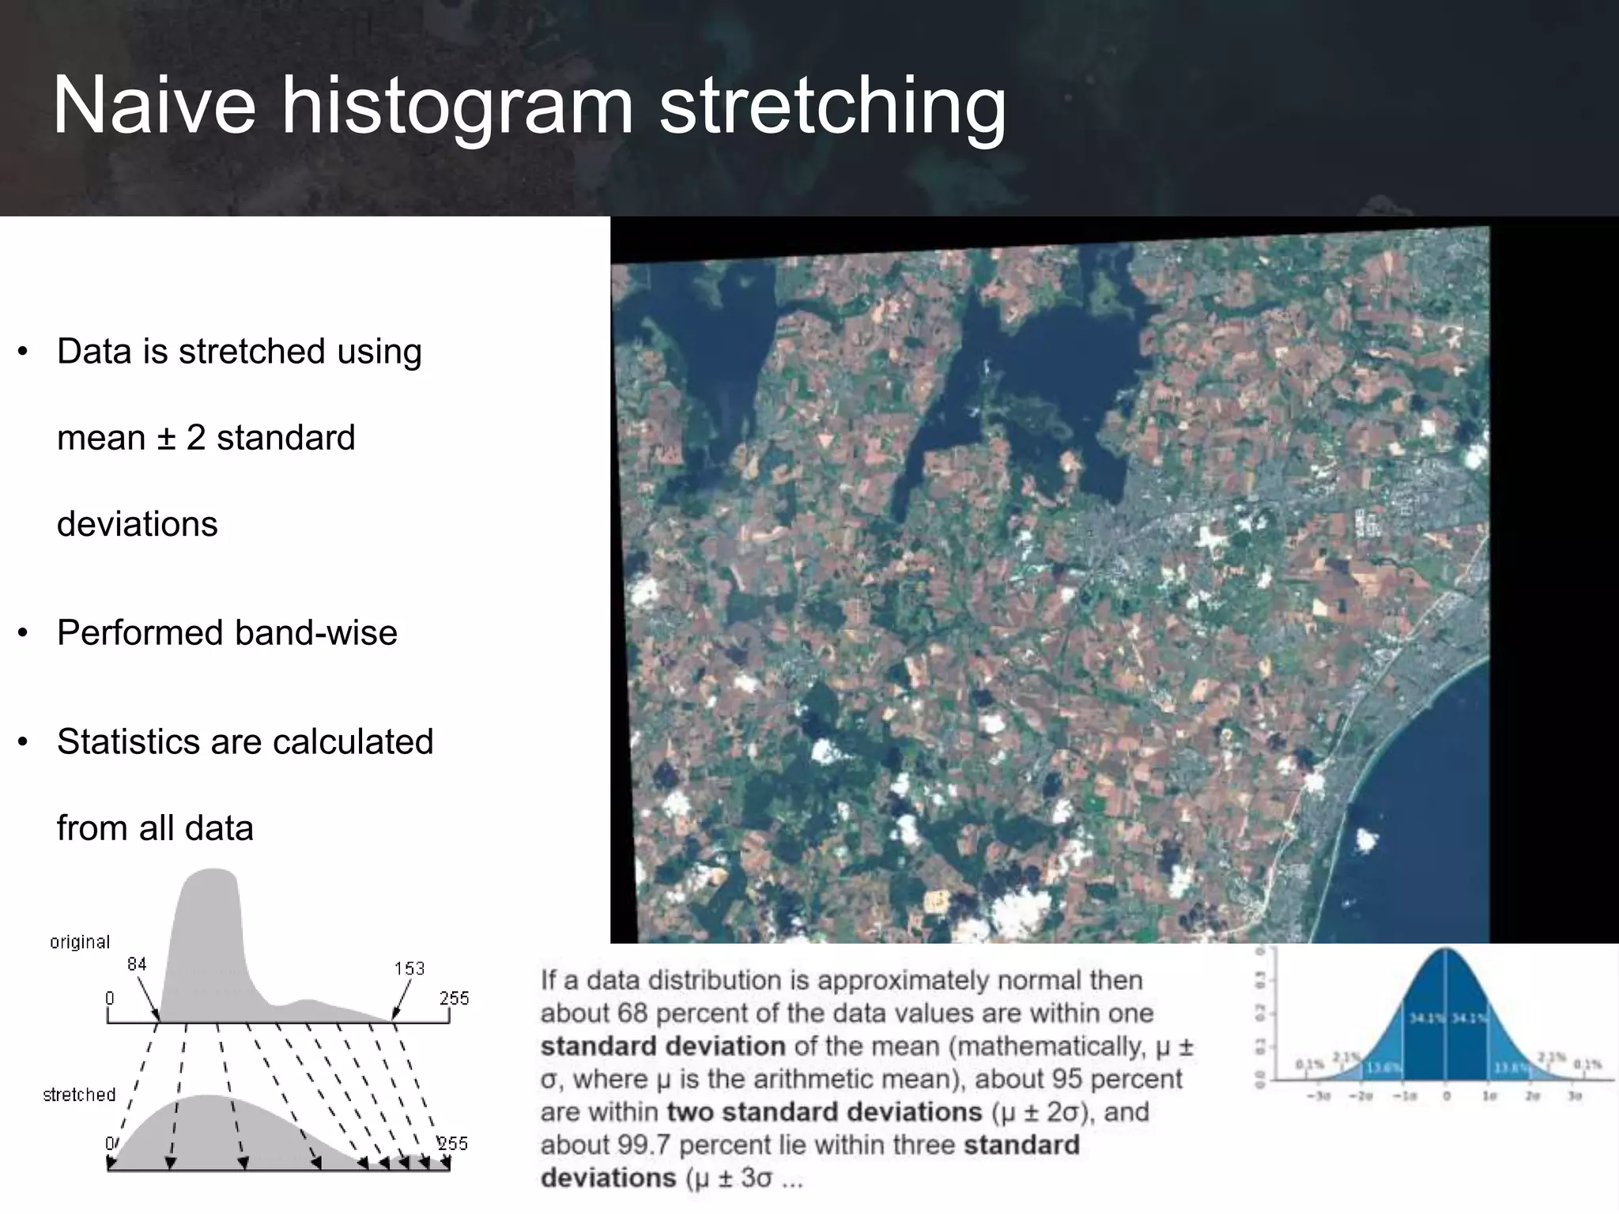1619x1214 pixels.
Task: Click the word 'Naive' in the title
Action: (154, 105)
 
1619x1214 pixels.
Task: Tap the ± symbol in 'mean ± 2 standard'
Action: (166, 438)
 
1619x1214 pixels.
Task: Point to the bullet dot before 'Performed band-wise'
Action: (23, 633)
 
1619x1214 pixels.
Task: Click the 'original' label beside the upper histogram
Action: (79, 942)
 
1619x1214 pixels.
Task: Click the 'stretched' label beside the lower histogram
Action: (79, 1095)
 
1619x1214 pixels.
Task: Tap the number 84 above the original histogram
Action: (137, 964)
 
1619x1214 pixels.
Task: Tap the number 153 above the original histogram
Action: (409, 969)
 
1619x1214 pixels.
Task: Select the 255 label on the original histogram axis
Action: (454, 998)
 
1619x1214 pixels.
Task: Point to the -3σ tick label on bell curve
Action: (1319, 1097)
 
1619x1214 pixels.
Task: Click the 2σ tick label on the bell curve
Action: (1532, 1097)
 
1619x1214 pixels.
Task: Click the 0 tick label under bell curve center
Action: (1446, 1097)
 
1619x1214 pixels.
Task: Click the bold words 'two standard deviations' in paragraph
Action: (824, 1112)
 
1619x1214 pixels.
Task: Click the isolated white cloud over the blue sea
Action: (1366, 839)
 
